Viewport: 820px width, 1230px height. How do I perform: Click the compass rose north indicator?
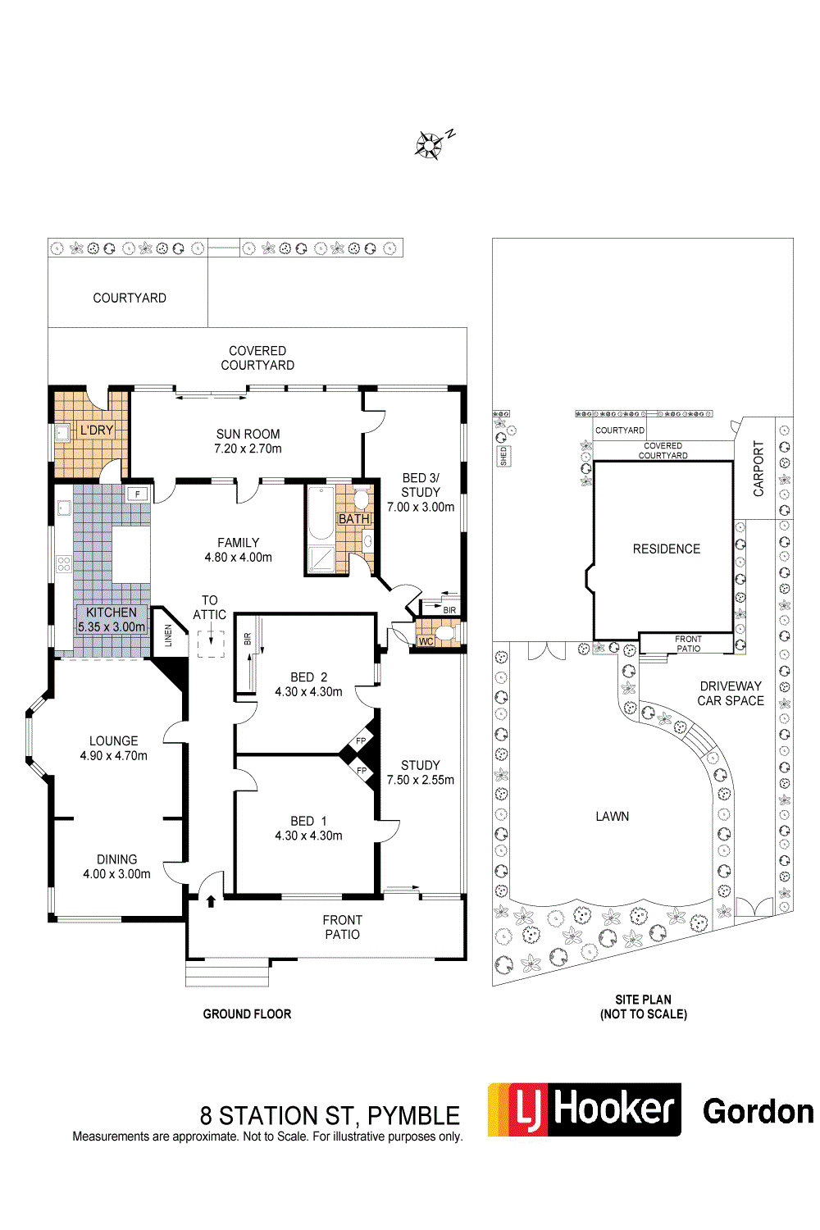coord(434,143)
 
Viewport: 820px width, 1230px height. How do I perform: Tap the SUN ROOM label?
coord(248,434)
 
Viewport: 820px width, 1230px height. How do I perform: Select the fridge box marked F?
coord(137,494)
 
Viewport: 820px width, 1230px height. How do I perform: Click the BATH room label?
coord(354,518)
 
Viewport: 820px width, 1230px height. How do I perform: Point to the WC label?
coord(426,641)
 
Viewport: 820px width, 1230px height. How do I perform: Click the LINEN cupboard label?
coord(168,635)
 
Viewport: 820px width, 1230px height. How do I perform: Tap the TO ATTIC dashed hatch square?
coord(211,644)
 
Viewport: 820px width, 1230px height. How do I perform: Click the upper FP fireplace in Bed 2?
coord(361,740)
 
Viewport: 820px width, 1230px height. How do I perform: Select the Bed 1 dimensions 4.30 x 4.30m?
coord(308,836)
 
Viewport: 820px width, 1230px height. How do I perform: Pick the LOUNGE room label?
coord(114,740)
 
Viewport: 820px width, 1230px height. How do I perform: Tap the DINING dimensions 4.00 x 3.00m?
coord(116,873)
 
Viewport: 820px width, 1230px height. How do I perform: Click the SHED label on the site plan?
coord(503,456)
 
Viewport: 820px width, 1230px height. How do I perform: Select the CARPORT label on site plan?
coord(758,468)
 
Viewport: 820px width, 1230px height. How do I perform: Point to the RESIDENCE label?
coord(666,549)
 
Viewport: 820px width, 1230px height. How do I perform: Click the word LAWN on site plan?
coord(613,817)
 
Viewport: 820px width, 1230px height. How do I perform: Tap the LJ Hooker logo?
coord(584,1109)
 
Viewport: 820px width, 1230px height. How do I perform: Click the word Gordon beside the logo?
coord(758,1111)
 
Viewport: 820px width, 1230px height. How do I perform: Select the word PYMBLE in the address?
coord(413,1116)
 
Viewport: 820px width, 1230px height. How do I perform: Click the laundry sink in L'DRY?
coord(62,433)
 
